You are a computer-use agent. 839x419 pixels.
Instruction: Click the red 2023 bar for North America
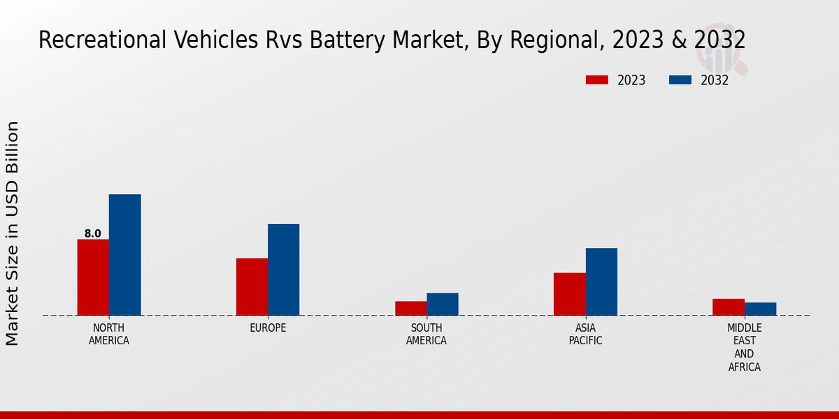(93, 277)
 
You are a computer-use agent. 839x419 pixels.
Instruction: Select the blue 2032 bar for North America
(124, 255)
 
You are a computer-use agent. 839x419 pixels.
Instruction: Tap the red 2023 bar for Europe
(252, 287)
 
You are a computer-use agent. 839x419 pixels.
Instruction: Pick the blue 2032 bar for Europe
(283, 270)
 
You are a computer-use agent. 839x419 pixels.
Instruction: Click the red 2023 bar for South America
(410, 308)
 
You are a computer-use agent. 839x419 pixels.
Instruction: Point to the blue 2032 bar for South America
(443, 304)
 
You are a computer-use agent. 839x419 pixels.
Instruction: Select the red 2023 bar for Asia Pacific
(569, 294)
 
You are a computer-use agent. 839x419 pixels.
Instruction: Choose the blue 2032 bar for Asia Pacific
(601, 281)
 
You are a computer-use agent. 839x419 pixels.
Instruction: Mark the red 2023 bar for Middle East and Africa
(729, 307)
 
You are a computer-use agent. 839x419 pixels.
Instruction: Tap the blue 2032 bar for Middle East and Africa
(760, 309)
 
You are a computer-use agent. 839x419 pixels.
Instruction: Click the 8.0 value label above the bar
(93, 234)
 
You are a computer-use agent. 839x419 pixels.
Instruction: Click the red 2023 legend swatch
(597, 80)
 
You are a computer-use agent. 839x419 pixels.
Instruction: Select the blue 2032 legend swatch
(680, 80)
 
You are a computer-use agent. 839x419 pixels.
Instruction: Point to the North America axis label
(109, 335)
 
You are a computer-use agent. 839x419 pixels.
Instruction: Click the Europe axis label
(268, 328)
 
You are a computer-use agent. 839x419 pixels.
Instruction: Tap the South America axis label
(426, 335)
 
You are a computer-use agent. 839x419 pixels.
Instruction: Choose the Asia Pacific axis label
(585, 335)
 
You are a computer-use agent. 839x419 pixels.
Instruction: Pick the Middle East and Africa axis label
(745, 347)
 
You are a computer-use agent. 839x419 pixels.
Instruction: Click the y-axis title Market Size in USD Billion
(13, 233)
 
